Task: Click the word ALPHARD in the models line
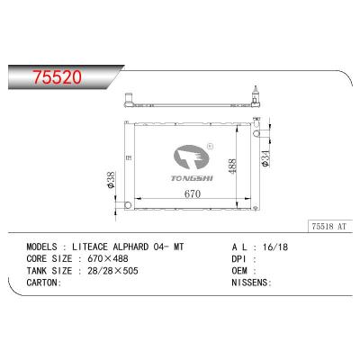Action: (123, 246)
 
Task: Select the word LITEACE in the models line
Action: (82, 246)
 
